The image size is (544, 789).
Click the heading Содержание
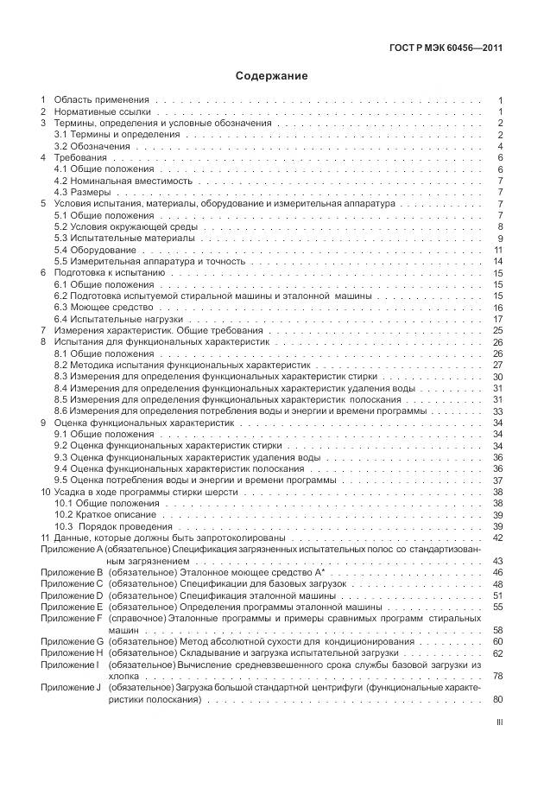pyautogui.click(x=272, y=75)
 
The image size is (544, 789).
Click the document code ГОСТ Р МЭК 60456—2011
pyautogui.click(x=447, y=48)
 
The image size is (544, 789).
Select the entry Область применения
pyautogui.click(x=102, y=101)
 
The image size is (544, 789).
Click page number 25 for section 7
pyautogui.click(x=497, y=330)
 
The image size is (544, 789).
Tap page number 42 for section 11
pyautogui.click(x=497, y=537)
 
